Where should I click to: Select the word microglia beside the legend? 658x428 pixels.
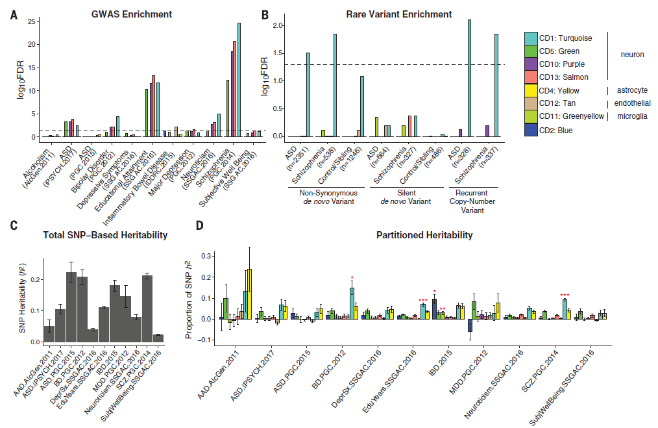pyautogui.click(x=629, y=117)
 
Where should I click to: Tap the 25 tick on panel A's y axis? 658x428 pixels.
pyautogui.click(x=30, y=21)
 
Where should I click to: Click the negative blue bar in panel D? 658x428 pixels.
pyautogui.click(x=470, y=325)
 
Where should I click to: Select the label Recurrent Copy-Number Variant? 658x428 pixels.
pyautogui.click(x=471, y=201)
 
